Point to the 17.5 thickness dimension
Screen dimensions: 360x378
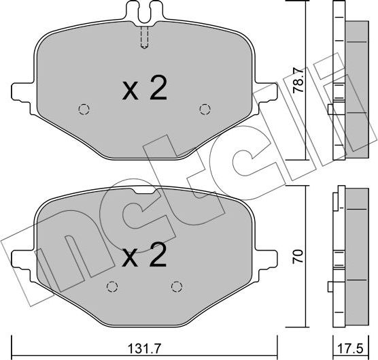coord(351,346)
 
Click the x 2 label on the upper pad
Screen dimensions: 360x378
coord(144,88)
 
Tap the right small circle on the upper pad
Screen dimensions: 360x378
coord(204,108)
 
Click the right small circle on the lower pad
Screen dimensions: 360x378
coord(176,286)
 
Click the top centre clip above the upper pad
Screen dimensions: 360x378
coord(143,10)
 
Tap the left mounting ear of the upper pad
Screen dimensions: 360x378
coord(22,92)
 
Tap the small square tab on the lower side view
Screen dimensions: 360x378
coord(331,286)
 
